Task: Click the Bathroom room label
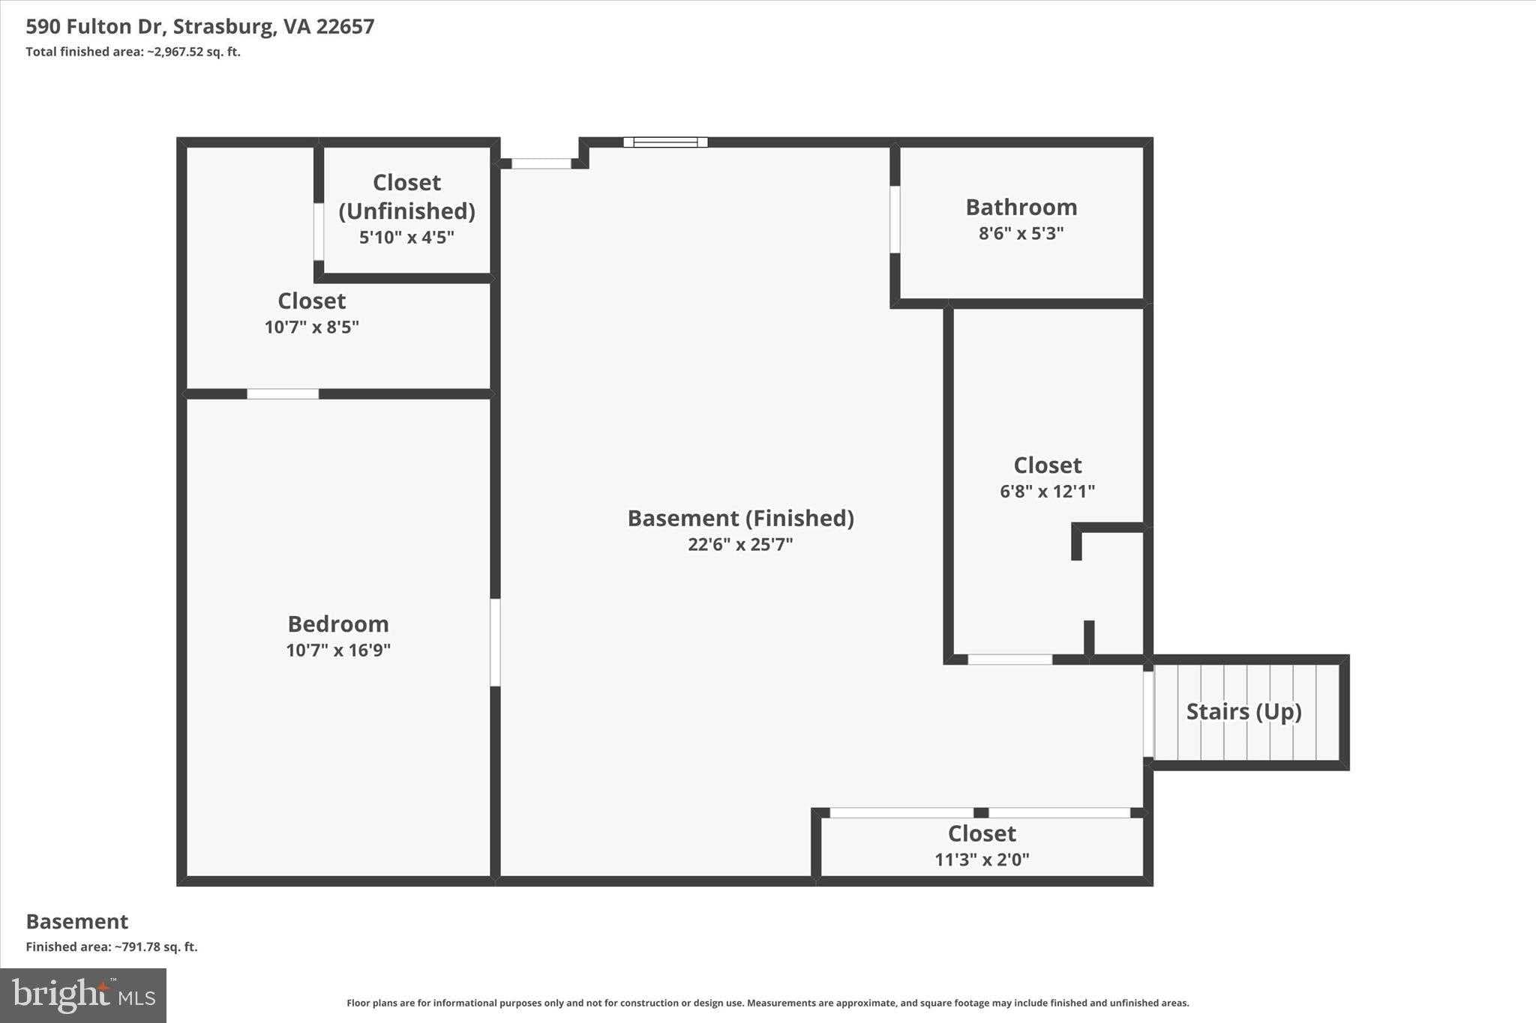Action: tap(1021, 207)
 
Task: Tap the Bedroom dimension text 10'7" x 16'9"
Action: tap(338, 650)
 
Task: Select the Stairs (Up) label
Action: tap(1243, 711)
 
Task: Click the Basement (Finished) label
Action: tap(740, 518)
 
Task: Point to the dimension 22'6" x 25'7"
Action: tap(740, 544)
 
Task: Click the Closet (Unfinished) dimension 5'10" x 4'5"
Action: tap(406, 238)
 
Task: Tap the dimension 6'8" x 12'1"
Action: tap(1047, 492)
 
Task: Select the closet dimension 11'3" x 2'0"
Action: tap(982, 860)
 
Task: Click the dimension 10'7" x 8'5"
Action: tap(311, 328)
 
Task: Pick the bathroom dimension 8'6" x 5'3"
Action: tap(1021, 233)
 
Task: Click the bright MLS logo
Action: tap(83, 995)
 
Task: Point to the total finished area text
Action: tap(133, 52)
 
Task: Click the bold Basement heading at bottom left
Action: tap(77, 921)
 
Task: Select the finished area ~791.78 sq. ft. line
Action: tap(112, 947)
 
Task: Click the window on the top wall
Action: tap(665, 142)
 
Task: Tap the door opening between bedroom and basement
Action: tap(495, 642)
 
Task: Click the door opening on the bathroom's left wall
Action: tap(895, 220)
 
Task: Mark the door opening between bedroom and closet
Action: tap(283, 394)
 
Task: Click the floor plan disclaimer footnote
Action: tap(768, 1003)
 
